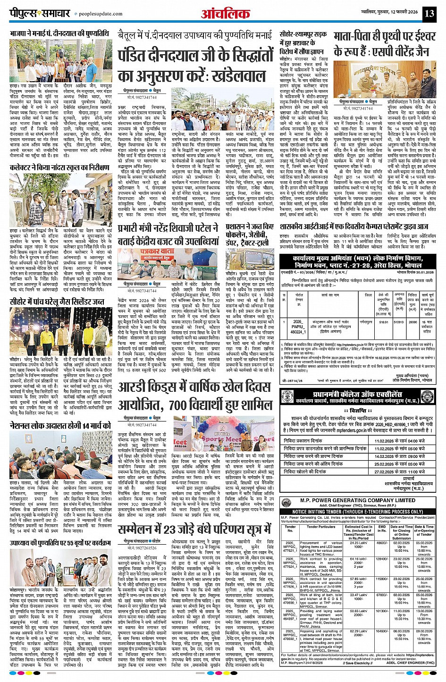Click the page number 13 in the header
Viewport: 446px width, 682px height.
(x=429, y=13)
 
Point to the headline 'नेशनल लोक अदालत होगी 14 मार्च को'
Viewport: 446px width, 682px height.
(x=60, y=425)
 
